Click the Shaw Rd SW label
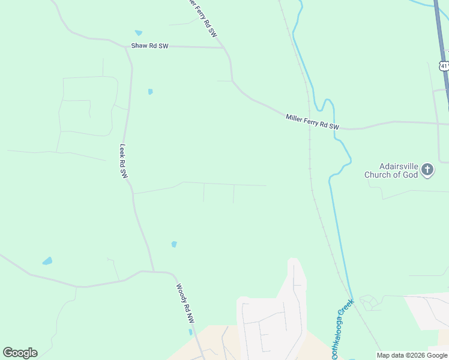coord(150,46)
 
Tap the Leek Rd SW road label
coord(124,161)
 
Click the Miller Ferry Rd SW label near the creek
coord(312,122)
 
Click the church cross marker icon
coord(427,170)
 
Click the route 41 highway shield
coord(444,65)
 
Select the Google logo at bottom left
coord(20,352)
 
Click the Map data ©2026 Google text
coord(412,355)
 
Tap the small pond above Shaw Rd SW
coord(139,33)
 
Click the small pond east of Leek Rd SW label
coord(150,92)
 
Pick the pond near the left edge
coord(47,261)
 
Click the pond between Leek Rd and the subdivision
coord(174,244)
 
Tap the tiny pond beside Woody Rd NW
coord(190,332)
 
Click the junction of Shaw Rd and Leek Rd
coord(125,46)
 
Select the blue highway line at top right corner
coord(444,36)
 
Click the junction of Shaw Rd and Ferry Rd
coord(223,47)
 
